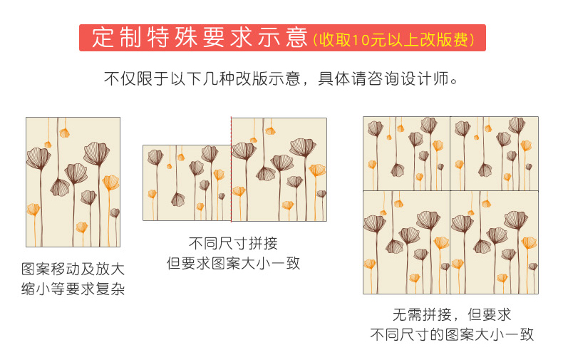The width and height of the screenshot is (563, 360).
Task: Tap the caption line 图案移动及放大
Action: pos(73,269)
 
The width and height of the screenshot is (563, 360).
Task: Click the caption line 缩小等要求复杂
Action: pos(73,289)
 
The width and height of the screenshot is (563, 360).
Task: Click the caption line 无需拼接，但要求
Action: pos(451,314)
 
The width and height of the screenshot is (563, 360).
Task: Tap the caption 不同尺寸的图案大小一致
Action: pos(451,334)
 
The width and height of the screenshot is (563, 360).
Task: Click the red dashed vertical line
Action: pos(231,171)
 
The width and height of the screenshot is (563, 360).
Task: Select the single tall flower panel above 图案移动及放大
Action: pos(73,182)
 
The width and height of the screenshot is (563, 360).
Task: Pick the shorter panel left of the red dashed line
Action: pos(187,183)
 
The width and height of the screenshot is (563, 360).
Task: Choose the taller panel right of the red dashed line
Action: pos(279,170)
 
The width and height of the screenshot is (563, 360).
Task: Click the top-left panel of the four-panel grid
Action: pos(406,153)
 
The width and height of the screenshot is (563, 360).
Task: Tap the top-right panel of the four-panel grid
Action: pos(494,153)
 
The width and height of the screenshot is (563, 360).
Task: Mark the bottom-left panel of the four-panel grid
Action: pos(406,242)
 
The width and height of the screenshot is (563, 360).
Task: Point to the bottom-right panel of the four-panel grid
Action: pos(494,242)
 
